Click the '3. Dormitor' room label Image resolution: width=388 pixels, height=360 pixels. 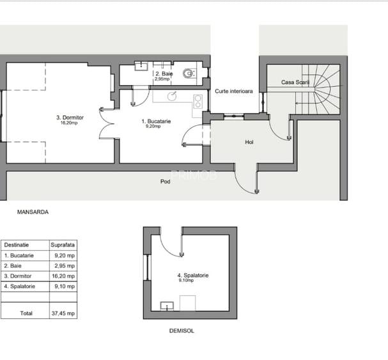(67, 118)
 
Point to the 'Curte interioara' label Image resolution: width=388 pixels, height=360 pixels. (233, 91)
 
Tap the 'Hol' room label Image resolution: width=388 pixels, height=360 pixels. (249, 143)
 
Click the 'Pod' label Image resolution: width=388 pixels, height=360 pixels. (165, 182)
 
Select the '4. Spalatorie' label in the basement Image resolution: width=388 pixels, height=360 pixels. (192, 276)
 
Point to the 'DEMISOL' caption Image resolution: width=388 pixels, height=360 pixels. (182, 331)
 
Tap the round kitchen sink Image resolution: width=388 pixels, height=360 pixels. (171, 97)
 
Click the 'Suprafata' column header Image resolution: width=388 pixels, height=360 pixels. (63, 245)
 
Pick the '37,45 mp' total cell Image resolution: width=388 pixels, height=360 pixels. (63, 313)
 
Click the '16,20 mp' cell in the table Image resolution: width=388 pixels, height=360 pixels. (63, 276)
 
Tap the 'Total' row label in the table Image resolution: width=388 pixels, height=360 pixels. (26, 313)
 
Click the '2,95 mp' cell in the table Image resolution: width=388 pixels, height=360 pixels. (63, 265)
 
